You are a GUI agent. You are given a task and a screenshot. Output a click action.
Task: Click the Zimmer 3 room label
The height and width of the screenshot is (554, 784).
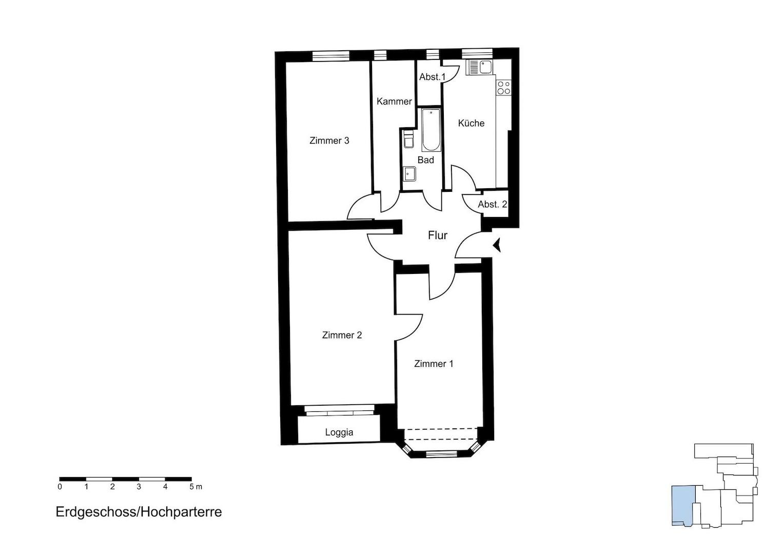[x=329, y=141]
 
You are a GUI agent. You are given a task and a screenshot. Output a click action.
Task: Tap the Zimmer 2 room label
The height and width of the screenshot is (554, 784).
[x=342, y=335]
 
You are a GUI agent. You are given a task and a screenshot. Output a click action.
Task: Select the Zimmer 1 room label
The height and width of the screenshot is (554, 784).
[x=434, y=364]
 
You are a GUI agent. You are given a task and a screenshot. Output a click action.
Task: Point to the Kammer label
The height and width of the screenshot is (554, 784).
[x=394, y=102]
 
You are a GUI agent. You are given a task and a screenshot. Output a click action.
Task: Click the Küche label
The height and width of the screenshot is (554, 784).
[x=471, y=123]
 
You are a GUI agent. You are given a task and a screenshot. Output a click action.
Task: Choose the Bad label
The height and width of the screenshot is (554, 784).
[x=425, y=160]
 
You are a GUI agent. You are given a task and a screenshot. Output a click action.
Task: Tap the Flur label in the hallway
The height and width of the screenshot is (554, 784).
[x=438, y=235]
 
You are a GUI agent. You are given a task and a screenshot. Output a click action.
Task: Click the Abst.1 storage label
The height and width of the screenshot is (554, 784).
[x=433, y=77]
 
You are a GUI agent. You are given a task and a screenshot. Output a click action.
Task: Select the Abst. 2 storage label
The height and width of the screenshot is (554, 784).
[x=493, y=204]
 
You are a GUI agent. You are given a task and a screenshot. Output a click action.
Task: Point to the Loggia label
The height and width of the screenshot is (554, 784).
[x=339, y=432]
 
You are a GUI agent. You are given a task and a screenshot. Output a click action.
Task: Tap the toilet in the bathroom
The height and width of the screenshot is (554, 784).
[x=408, y=139]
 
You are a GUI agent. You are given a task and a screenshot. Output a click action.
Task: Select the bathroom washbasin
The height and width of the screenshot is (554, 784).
[x=409, y=174]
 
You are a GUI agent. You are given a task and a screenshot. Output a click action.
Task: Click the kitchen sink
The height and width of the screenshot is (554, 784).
[x=480, y=67]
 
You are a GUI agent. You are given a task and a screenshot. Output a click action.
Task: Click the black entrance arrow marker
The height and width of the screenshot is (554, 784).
[x=497, y=245]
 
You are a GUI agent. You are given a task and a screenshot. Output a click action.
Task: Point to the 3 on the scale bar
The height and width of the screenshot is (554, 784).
[x=139, y=487]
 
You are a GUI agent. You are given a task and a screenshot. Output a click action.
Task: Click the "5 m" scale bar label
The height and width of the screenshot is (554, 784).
[x=195, y=487]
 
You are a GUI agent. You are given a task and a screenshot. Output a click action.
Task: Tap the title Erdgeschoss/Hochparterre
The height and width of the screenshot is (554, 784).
[x=139, y=512]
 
